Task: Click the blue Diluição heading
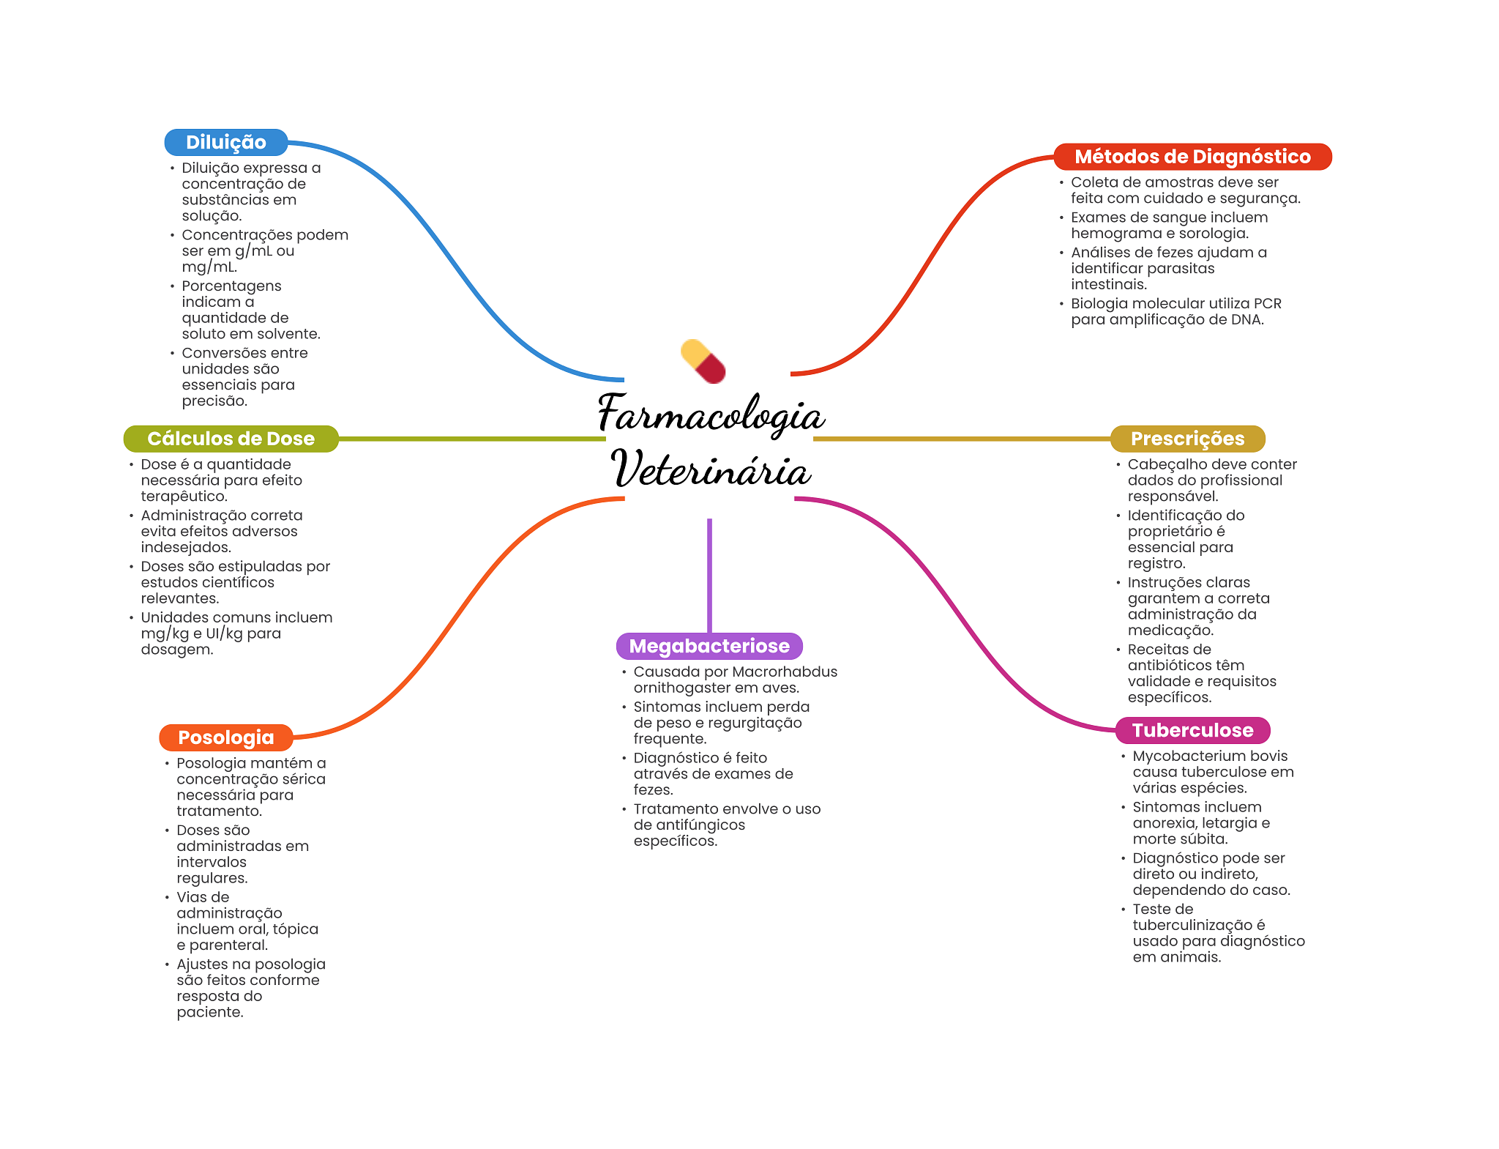click(225, 142)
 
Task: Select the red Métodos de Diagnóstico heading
click(1192, 157)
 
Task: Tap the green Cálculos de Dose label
click(231, 439)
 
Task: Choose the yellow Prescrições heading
click(1187, 439)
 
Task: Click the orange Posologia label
click(225, 737)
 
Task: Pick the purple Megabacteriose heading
click(709, 646)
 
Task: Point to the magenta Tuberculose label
click(1192, 730)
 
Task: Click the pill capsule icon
click(703, 361)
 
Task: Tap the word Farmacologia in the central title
click(711, 414)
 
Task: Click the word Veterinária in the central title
click(711, 469)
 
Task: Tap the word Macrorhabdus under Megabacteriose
click(784, 672)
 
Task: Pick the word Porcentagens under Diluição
click(231, 286)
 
